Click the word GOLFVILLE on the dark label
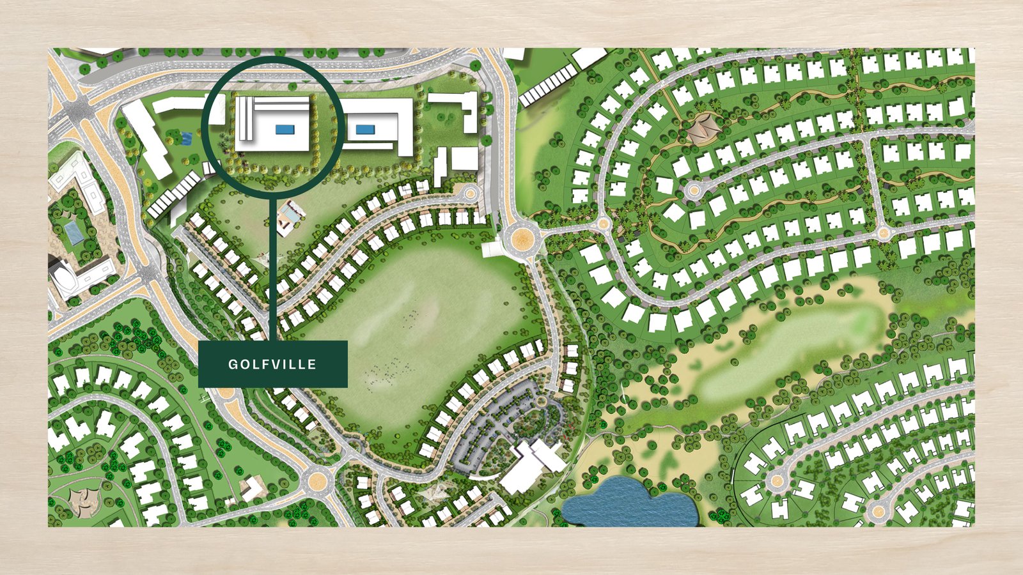[x=272, y=364]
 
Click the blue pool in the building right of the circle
[x=365, y=129]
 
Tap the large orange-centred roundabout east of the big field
[x=522, y=240]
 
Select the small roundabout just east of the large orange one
[x=603, y=224]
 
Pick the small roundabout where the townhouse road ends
[x=470, y=191]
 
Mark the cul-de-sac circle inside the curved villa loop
[x=693, y=190]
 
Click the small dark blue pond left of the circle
[x=185, y=136]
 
